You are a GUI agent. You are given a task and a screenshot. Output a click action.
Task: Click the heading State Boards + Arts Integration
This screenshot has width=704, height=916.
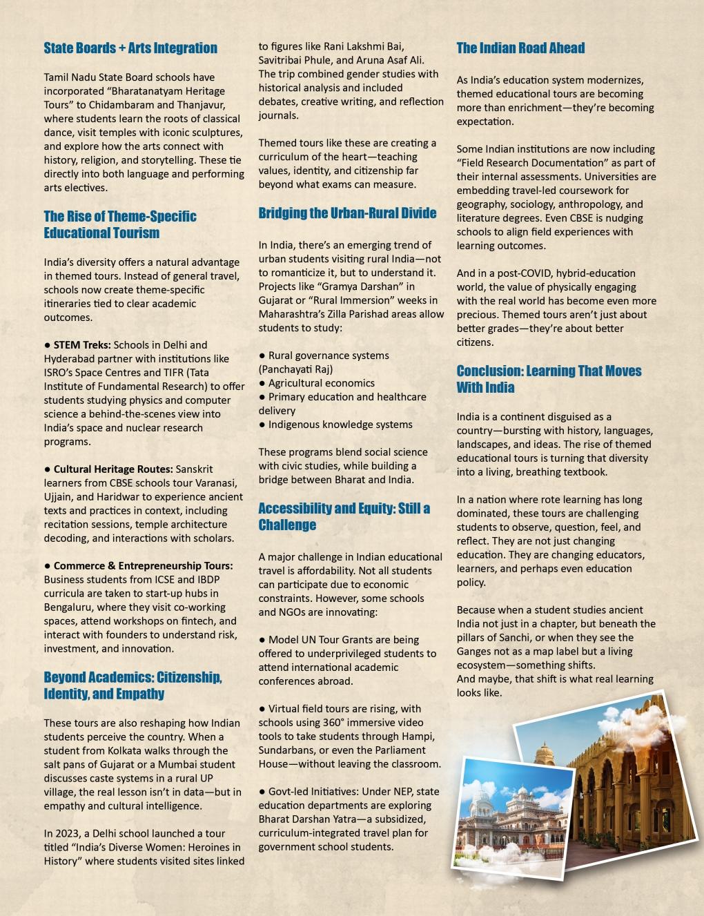pos(130,48)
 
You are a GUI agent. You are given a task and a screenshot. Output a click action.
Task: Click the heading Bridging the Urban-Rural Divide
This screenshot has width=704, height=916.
pos(347,213)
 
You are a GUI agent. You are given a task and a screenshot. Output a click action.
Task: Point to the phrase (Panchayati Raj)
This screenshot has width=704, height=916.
pos(295,369)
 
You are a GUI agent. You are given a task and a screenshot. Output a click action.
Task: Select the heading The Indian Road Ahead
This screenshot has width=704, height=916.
pos(520,48)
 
